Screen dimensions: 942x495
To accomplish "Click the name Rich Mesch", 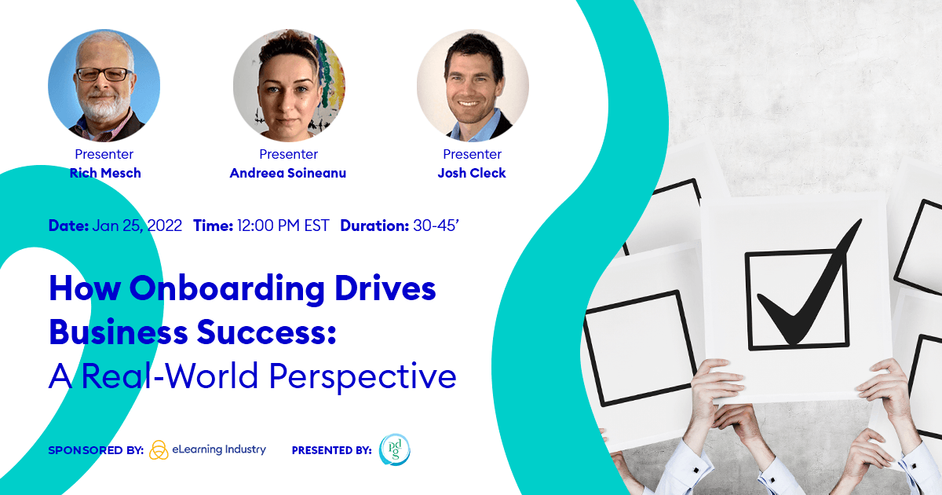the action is click(x=105, y=173).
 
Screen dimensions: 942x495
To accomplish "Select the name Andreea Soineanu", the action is click(x=288, y=173).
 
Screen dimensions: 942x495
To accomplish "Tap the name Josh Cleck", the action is click(x=472, y=173).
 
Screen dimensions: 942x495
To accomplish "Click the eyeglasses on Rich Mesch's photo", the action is click(x=104, y=75).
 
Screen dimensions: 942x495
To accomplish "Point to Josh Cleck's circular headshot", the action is click(x=473, y=85).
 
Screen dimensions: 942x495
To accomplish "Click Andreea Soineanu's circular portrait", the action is click(x=289, y=85).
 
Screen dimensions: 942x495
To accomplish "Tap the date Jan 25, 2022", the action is click(x=137, y=226).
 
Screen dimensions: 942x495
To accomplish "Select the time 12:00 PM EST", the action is click(x=283, y=226).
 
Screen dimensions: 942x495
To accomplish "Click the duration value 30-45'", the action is click(x=436, y=226).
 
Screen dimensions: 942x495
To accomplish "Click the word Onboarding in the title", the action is click(x=227, y=290).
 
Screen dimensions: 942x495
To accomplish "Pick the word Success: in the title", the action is click(x=267, y=332).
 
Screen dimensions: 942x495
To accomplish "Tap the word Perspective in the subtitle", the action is click(x=363, y=376).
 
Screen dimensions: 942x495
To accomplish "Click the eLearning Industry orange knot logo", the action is click(x=159, y=450).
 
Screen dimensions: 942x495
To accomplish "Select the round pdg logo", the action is click(x=394, y=450).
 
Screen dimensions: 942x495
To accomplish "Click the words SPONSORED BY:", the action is click(x=96, y=450).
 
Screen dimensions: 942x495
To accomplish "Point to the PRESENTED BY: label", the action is click(x=332, y=450).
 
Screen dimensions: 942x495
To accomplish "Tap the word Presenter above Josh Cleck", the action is click(x=473, y=155).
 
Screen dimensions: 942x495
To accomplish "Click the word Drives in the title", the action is click(x=385, y=290).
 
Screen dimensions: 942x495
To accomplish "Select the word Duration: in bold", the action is click(x=374, y=226).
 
